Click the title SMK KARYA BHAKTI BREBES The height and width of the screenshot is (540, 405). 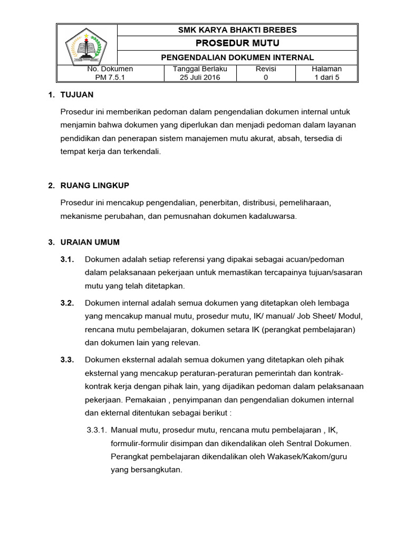tap(237, 30)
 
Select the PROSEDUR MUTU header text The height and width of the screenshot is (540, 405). tap(237, 43)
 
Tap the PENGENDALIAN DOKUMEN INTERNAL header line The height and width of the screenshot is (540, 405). tap(237, 57)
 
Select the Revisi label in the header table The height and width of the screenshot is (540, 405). tap(266, 69)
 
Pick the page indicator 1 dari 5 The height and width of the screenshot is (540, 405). tap(327, 77)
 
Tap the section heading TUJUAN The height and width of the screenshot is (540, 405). tap(77, 94)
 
